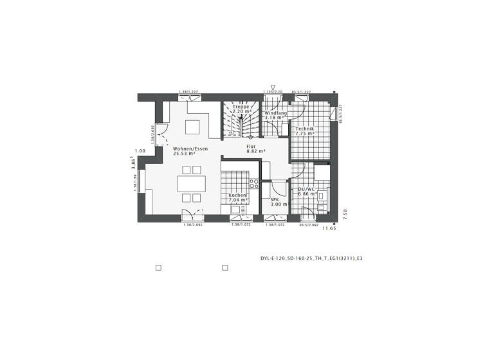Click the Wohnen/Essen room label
(190, 148)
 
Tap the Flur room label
(251, 147)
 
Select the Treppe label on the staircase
(241, 106)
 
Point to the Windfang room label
(275, 113)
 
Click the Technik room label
(304, 129)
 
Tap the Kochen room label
(237, 195)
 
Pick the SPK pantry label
(275, 199)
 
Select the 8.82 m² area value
(255, 152)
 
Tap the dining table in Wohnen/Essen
(192, 184)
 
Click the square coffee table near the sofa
(192, 125)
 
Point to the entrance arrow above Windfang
(273, 87)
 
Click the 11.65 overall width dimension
(329, 228)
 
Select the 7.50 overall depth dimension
(345, 214)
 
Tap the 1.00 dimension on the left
(140, 151)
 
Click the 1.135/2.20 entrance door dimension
(273, 93)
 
